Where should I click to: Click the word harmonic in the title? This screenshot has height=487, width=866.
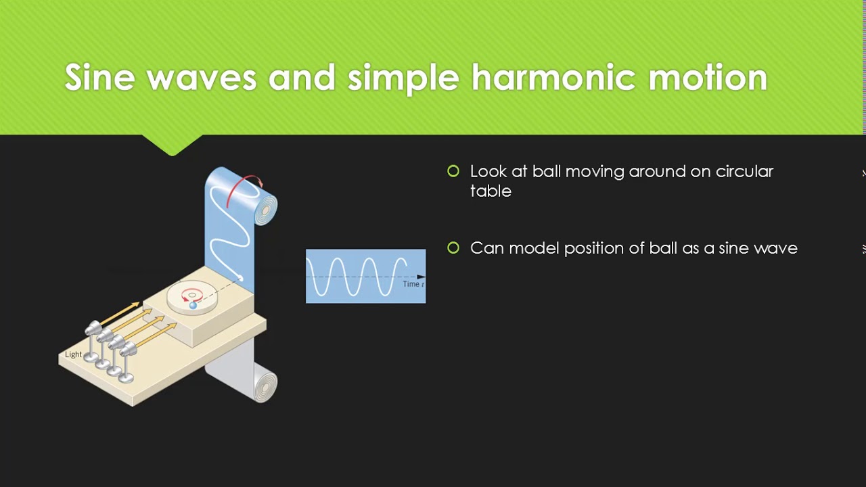pyautogui.click(x=553, y=78)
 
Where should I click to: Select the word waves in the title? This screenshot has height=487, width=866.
pyautogui.click(x=201, y=78)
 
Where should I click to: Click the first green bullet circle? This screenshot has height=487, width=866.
pyautogui.click(x=453, y=172)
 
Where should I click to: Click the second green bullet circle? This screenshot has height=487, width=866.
pyautogui.click(x=453, y=248)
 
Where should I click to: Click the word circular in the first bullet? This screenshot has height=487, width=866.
pyautogui.click(x=743, y=172)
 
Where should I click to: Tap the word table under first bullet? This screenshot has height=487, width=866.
pyautogui.click(x=491, y=191)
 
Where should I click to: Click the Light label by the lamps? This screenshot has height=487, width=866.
pyautogui.click(x=73, y=354)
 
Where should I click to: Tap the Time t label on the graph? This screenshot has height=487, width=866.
pyautogui.click(x=413, y=284)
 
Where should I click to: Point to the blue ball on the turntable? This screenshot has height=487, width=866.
pyautogui.click(x=193, y=306)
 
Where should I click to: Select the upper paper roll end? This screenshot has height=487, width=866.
pyautogui.click(x=266, y=210)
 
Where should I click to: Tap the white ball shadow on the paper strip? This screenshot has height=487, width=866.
pyautogui.click(x=240, y=278)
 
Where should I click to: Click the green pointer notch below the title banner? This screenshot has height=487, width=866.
pyautogui.click(x=173, y=145)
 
